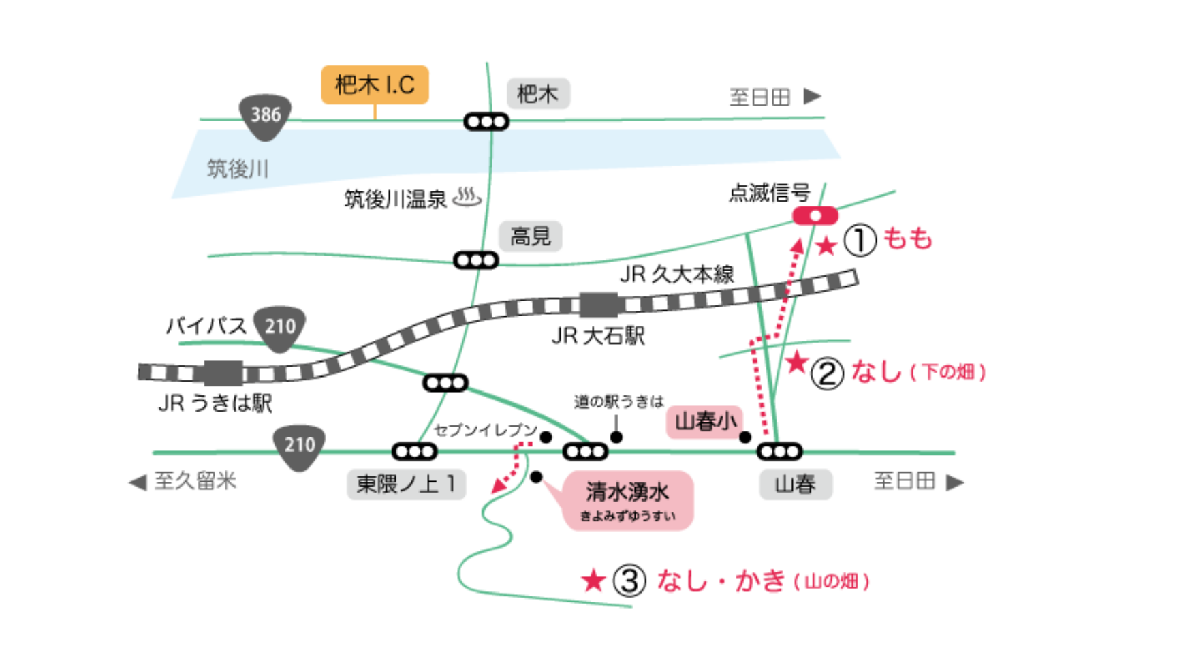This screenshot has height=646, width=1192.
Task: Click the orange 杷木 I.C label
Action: pos(375,84)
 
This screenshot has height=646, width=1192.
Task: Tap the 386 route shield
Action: pos(265,116)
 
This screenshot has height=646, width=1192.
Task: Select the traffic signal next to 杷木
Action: pos(486,122)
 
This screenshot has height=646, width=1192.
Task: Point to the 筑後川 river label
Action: pos(238,168)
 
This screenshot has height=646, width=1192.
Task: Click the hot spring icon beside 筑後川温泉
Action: pos(467,197)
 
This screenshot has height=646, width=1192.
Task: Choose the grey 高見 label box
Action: pos(531,236)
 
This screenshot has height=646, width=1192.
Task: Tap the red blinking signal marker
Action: pos(815,216)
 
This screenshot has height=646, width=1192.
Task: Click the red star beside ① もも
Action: pos(826,246)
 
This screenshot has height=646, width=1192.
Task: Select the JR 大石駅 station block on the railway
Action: pos(599,305)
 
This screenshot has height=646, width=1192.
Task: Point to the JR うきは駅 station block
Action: pos(223,373)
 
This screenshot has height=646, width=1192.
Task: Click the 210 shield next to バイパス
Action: pos(279,328)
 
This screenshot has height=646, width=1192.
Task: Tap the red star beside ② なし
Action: pos(796,362)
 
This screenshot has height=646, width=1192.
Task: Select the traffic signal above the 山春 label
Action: pos(779,451)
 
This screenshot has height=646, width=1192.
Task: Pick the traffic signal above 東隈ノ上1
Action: pos(414,451)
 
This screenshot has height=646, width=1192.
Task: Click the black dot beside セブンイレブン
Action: pos(546,437)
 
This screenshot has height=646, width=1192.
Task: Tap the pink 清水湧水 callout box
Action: pos(627,500)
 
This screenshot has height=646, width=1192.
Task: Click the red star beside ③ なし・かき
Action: pos(593,581)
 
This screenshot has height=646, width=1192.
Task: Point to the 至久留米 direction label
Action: pos(185,481)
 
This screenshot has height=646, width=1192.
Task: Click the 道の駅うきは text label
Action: pos(618,402)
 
